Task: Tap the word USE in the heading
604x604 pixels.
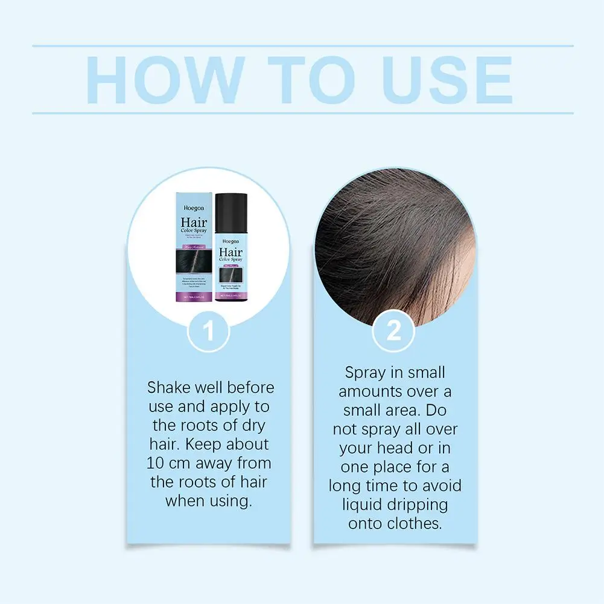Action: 448,81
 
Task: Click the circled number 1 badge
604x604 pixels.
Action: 209,332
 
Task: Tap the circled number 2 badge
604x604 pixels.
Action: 393,332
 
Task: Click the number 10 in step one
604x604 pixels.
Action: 156,463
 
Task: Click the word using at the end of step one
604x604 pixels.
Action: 231,501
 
